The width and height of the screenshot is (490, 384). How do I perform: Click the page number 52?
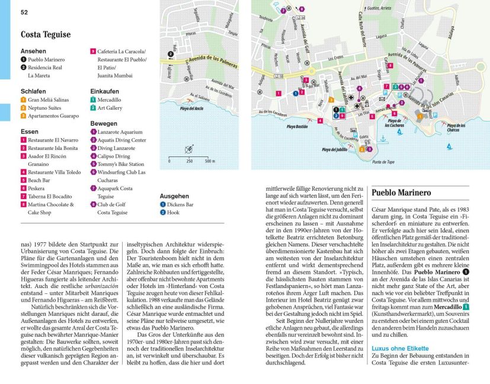24,12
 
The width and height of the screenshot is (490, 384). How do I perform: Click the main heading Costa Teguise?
46,34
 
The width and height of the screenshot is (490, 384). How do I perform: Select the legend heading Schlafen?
33,91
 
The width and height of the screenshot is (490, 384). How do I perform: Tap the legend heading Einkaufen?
105,91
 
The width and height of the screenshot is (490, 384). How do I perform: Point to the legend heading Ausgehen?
174,196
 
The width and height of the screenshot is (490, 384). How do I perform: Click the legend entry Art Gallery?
110,108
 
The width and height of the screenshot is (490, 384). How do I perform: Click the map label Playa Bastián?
298,126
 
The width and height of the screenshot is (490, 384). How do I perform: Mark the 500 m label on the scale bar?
209,161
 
